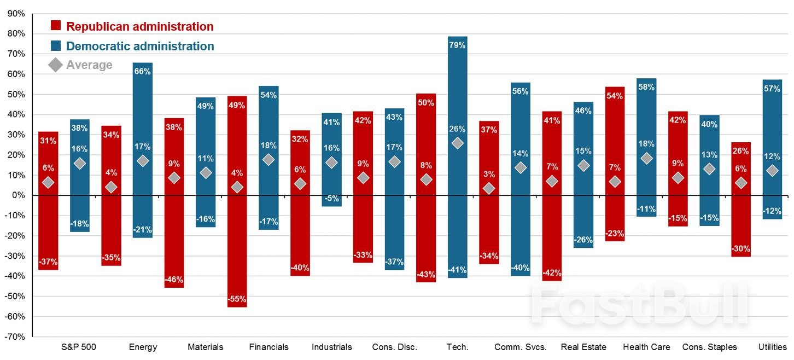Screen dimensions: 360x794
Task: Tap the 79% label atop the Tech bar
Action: pos(457,45)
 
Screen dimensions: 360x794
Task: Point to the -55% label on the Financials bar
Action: pos(237,299)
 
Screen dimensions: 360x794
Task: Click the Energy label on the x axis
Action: pos(143,347)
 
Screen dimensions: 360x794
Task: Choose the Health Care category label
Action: pos(646,347)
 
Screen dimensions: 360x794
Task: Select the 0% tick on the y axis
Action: pos(19,195)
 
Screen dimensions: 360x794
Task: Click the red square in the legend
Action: pos(56,26)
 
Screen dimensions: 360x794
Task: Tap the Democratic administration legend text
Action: pos(140,47)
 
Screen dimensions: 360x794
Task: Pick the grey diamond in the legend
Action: pos(56,65)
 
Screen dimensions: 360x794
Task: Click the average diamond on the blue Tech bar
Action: pos(457,143)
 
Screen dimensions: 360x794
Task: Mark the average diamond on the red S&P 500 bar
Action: pos(48,182)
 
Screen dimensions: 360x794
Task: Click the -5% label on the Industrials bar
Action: pos(331,199)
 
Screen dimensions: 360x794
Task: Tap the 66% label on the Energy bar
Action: pos(142,71)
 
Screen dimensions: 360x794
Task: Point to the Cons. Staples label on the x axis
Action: pos(710,347)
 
